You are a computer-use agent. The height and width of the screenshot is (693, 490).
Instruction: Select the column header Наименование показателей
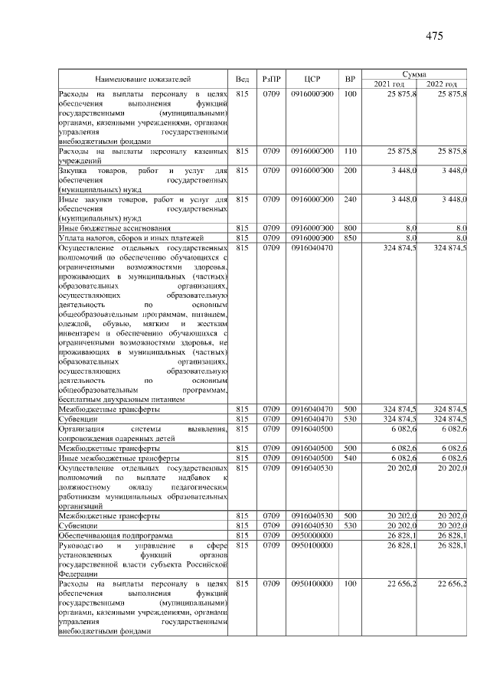(x=143, y=79)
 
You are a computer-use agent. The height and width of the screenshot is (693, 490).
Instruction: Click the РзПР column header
(x=271, y=79)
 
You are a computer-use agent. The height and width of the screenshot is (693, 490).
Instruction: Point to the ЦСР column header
(x=312, y=79)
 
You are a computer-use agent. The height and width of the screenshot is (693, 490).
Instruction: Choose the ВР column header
(x=350, y=79)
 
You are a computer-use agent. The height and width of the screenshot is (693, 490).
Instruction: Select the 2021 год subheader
(x=389, y=83)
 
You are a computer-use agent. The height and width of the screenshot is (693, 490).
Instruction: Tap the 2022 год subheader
(x=442, y=83)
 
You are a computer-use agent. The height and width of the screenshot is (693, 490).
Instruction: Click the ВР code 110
(x=350, y=152)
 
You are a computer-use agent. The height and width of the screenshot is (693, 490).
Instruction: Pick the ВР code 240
(x=350, y=199)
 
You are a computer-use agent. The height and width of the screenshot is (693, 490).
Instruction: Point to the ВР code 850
(x=350, y=237)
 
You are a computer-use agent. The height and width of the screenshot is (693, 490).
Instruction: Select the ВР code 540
(x=350, y=457)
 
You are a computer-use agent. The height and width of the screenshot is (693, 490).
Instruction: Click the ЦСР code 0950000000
(x=312, y=534)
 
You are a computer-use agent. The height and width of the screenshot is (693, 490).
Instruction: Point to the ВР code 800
(x=350, y=228)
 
